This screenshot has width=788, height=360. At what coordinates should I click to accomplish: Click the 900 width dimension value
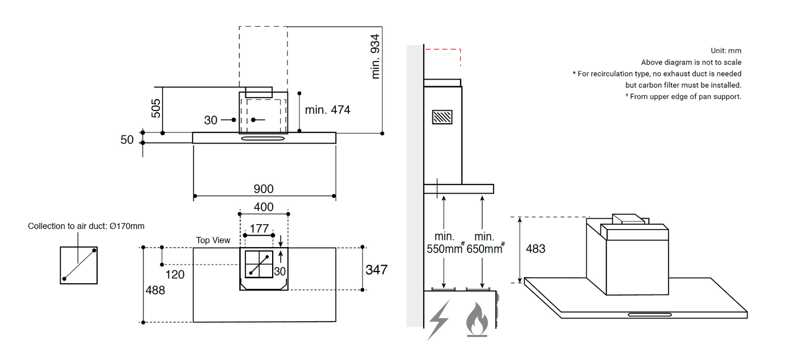pos(263,189)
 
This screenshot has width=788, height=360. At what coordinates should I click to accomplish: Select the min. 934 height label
pos(375,56)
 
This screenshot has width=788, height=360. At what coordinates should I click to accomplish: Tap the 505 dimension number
pos(155,109)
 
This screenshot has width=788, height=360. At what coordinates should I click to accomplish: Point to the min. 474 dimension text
pos(327,110)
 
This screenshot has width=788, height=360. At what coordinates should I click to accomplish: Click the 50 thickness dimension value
pos(127,140)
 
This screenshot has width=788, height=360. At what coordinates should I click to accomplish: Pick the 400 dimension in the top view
pos(263,207)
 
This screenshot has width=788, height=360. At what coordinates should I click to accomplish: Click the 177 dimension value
pos(259,228)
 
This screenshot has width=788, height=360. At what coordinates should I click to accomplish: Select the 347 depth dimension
pos(376,269)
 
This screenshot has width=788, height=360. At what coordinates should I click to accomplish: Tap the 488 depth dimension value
pos(155,290)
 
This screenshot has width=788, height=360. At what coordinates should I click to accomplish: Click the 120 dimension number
pos(175,274)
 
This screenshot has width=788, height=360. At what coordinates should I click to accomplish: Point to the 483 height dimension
pos(535,249)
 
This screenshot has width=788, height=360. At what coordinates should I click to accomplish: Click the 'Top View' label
pos(213,240)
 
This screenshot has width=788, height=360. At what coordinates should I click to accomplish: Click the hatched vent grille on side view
pos(442,117)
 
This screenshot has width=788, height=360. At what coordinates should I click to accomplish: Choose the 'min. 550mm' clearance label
pos(444,243)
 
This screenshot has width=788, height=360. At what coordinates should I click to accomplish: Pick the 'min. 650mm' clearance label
pos(484,243)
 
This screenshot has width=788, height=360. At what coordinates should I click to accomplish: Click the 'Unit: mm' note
pos(726,51)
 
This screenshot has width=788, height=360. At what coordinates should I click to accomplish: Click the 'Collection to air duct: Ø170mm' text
pos(86,226)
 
